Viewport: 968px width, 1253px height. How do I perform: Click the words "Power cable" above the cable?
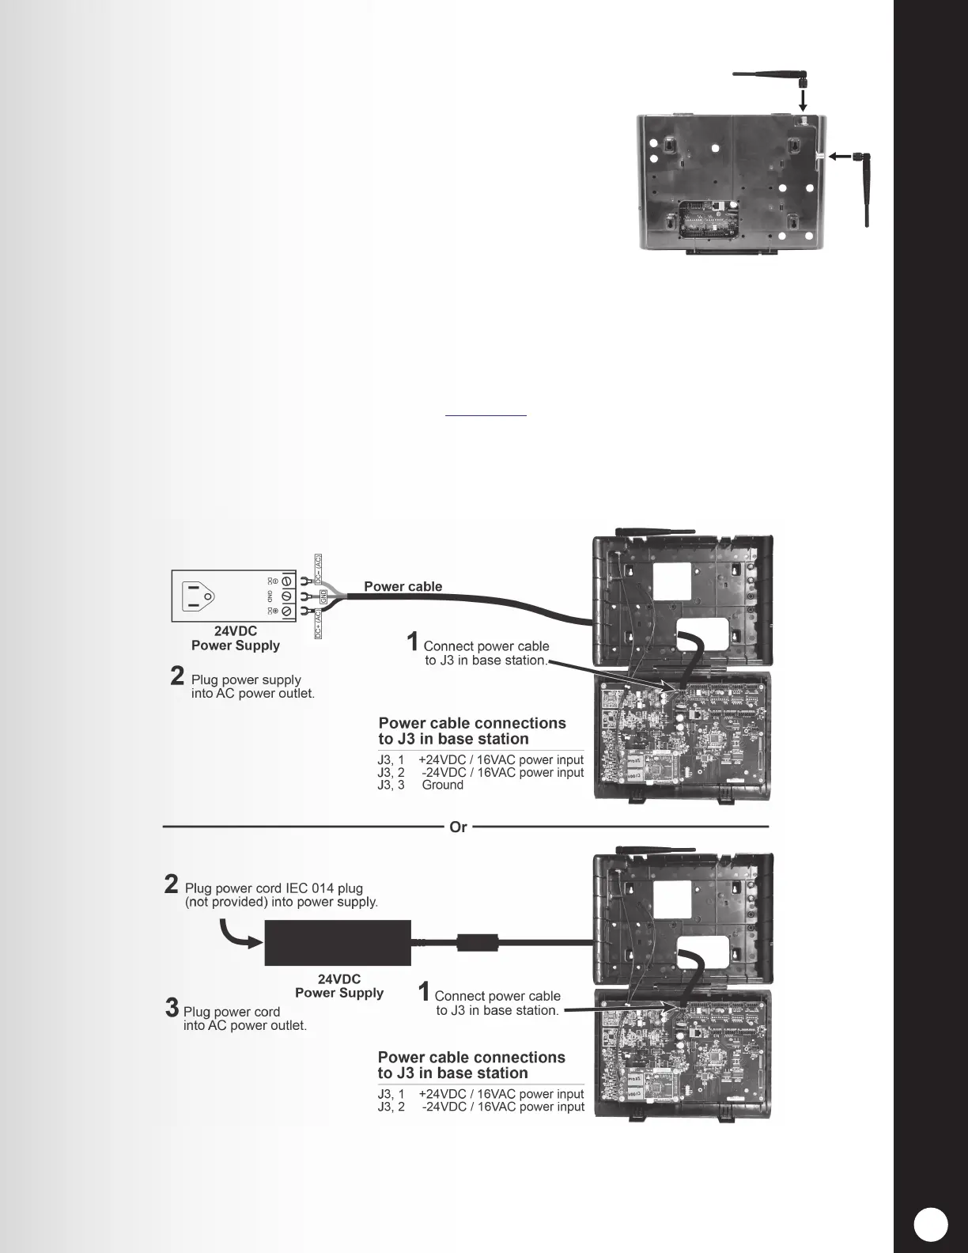pyautogui.click(x=403, y=586)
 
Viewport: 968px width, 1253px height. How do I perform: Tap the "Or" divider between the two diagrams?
pyautogui.click(x=458, y=827)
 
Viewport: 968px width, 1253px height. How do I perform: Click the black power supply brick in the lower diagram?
pyautogui.click(x=338, y=942)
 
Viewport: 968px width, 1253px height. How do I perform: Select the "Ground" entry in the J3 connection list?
pyautogui.click(x=442, y=785)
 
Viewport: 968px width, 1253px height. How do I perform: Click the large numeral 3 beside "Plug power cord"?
pyautogui.click(x=172, y=1008)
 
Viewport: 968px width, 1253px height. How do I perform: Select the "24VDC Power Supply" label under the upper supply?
pyautogui.click(x=236, y=638)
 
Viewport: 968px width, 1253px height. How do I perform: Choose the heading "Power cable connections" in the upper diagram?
pyautogui.click(x=472, y=723)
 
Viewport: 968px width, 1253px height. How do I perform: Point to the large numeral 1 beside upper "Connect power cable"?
pyautogui.click(x=412, y=640)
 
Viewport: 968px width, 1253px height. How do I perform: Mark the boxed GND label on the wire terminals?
pyautogui.click(x=323, y=595)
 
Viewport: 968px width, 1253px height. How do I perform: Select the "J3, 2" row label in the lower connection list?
pyautogui.click(x=391, y=1107)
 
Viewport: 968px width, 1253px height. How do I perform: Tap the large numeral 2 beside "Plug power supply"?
pyautogui.click(x=178, y=676)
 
